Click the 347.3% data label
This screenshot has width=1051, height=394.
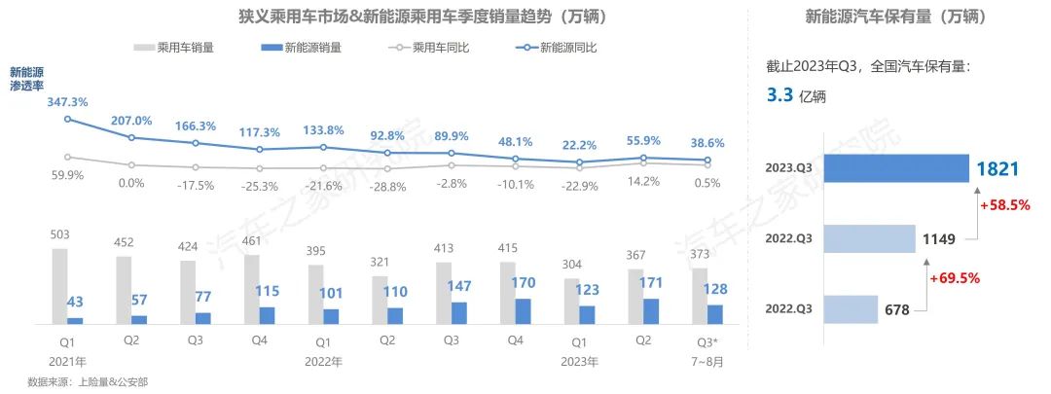pos(68,102)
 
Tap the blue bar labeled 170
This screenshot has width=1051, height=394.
pos(524,310)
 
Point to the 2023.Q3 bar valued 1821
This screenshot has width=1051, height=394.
pos(896,168)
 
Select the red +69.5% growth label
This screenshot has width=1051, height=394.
pos(955,278)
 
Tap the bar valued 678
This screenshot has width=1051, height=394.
pos(851,309)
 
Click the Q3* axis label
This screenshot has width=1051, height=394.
pos(707,341)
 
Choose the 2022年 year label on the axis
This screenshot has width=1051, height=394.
pos(323,360)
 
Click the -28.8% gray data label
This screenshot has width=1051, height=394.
pos(388,186)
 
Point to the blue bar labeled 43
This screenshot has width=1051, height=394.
pos(75,319)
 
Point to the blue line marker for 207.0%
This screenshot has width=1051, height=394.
pos(131,137)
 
